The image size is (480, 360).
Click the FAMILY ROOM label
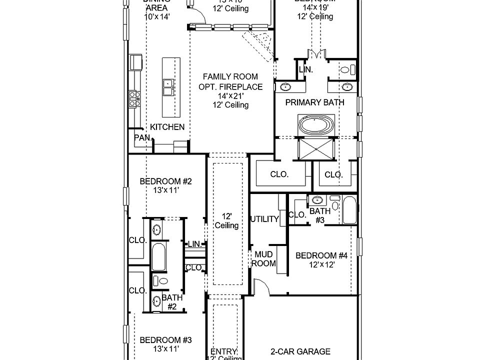pos(230,76)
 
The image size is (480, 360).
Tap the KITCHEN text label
pos(167,127)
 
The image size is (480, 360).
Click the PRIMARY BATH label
pos(315,102)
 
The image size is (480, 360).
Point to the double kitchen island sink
pos(168,88)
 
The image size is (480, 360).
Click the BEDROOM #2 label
pos(159,181)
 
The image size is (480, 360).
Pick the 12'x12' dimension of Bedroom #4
pos(321,264)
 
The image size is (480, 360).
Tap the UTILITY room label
pos(264,219)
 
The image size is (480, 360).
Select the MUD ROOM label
pos(263,258)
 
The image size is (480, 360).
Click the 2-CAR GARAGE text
pos(301,351)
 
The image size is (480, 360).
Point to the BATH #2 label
pos(171,302)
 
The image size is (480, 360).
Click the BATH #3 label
pos(320,215)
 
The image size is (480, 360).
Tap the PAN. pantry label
pos(142,137)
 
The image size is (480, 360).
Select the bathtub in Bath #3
pos(349,210)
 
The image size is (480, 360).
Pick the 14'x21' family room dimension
pos(230,95)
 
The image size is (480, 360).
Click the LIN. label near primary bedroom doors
pos(305,70)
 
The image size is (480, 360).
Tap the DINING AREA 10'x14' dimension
pos(157,16)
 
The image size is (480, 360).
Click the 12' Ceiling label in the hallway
pos(226,220)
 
